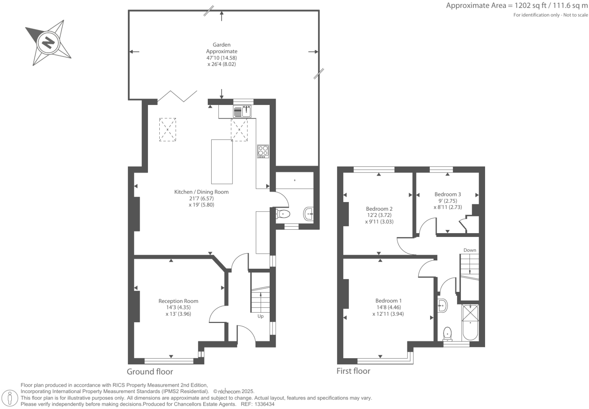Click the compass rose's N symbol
pos(48,42)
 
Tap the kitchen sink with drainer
pos(242,111)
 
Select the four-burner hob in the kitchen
pos(263,151)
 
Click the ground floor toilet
pos(283,214)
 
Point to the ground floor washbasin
pos(308,214)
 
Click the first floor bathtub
pos(470,323)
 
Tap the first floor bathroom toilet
pos(448,334)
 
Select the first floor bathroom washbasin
pos(443,306)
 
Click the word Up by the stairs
pos(260,316)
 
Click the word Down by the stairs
pos(470,250)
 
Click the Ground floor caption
pos(150,372)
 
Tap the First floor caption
pos(353,371)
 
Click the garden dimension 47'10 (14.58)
pos(221,58)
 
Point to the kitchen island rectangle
pos(222,161)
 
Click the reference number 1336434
pos(264,404)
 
